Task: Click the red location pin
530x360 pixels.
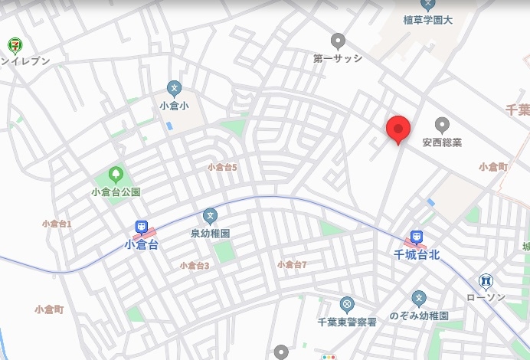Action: (397, 129)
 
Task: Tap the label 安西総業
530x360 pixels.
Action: (442, 142)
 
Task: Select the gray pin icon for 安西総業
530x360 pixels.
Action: (442, 124)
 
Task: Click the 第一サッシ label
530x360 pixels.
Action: (337, 57)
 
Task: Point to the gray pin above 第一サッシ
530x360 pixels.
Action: (338, 40)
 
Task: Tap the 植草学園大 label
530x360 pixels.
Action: (428, 20)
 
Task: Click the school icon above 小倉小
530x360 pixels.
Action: (174, 88)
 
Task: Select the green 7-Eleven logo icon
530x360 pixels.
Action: (14, 45)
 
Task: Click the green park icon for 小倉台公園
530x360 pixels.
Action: (116, 175)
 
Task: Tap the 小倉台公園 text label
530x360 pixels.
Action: (116, 192)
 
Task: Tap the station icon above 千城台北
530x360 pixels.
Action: (415, 237)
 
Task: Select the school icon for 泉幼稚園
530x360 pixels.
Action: (210, 216)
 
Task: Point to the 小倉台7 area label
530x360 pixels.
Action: (292, 264)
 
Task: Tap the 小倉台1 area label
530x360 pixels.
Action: (57, 224)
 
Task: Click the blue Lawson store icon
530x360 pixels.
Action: (486, 281)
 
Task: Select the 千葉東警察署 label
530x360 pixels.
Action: (346, 322)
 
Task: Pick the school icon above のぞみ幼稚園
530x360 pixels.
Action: (418, 298)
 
